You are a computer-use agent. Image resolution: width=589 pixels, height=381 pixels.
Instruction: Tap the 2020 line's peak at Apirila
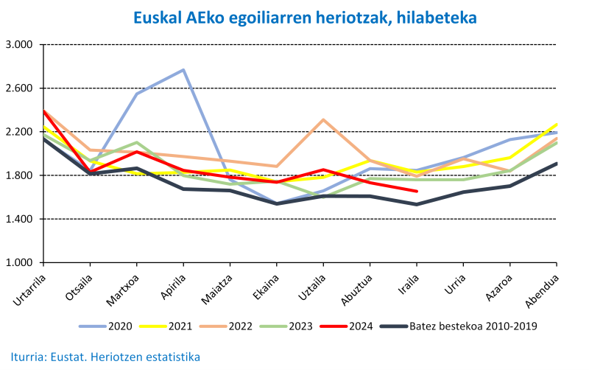[x=183, y=70]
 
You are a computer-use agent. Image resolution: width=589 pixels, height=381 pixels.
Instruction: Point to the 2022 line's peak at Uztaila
[x=323, y=119]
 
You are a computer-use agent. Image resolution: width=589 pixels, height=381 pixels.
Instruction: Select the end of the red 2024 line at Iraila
[x=417, y=192]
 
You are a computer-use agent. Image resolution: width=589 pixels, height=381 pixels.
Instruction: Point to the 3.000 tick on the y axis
[x=19, y=45]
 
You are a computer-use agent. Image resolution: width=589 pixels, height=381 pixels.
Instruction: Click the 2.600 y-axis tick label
[x=19, y=88]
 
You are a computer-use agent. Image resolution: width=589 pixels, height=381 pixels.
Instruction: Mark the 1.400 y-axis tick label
[x=19, y=220]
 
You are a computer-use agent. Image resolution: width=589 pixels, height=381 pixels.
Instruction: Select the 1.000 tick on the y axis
[x=19, y=263]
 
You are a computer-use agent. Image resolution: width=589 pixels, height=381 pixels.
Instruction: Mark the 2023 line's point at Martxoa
[x=137, y=143]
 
